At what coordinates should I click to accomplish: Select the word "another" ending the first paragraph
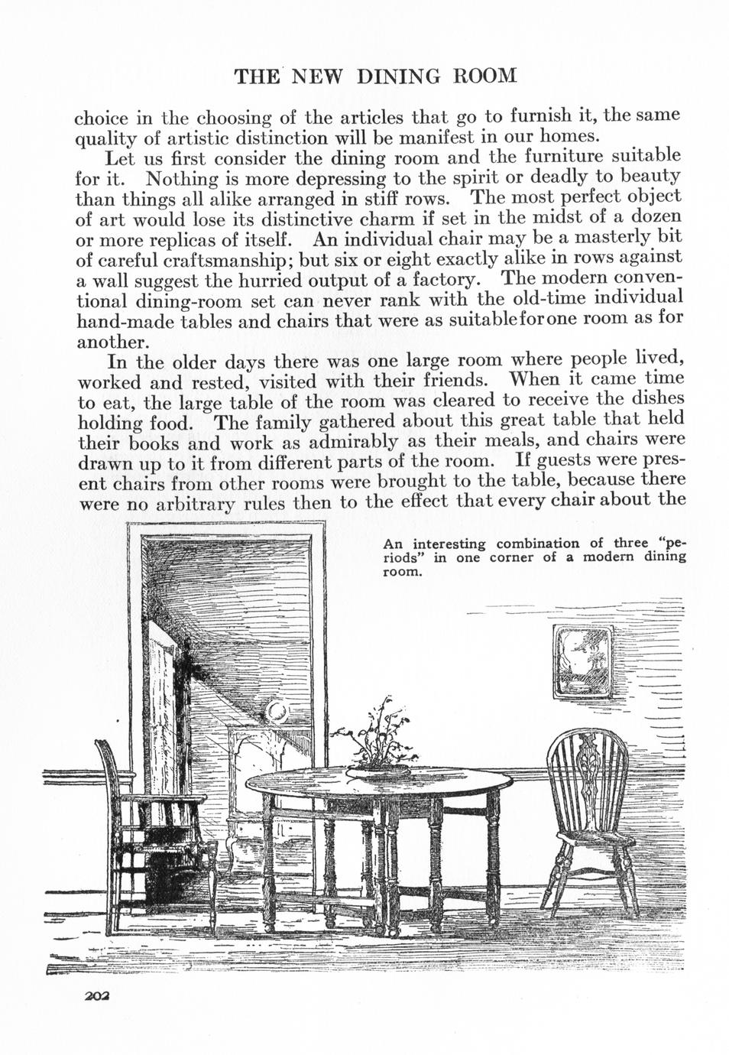click(x=112, y=339)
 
